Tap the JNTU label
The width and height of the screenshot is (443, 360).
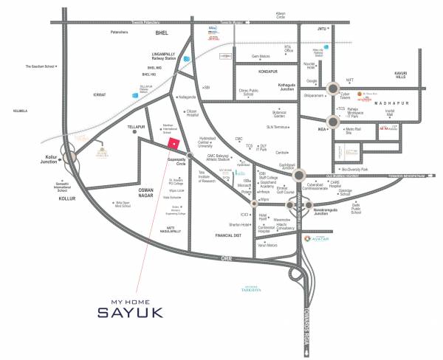[x=321, y=29]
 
